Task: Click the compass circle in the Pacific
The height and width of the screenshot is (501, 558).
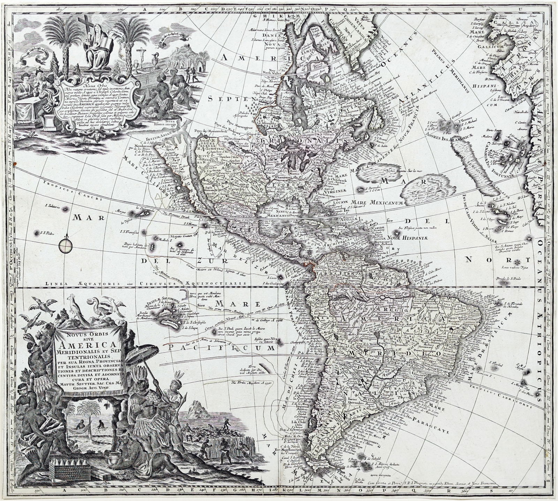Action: (x=67, y=245)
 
